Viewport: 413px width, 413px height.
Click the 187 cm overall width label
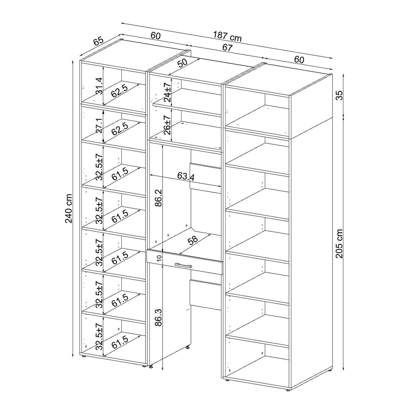pos(227,37)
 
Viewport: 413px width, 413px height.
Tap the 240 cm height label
pos(69,209)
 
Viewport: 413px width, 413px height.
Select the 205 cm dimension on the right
pos(339,244)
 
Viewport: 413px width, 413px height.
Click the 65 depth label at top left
pos(98,41)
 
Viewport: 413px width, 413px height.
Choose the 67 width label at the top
pos(227,47)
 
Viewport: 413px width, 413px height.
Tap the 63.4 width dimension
pos(185,176)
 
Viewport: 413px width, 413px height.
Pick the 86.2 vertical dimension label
pos(159,198)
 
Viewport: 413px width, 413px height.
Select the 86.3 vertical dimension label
pos(159,318)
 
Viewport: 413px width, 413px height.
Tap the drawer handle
pos(183,266)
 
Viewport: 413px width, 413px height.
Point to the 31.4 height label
pos(99,86)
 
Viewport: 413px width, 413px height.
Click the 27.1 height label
pos(99,125)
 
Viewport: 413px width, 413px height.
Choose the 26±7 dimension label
pos(167,125)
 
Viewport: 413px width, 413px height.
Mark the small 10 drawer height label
pos(159,258)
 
